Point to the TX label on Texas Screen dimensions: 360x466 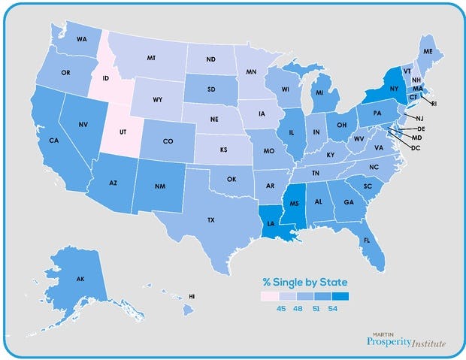point(212,220)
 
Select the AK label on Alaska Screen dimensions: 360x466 point(80,279)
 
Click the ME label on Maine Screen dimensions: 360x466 point(428,51)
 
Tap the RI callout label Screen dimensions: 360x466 point(434,103)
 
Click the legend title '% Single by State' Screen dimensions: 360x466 point(304,282)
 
